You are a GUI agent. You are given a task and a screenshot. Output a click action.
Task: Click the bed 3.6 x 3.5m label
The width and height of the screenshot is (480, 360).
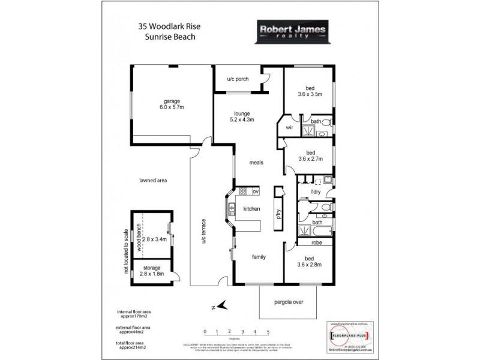point(310,91)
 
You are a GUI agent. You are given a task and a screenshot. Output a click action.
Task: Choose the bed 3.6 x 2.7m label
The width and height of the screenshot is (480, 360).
point(310,156)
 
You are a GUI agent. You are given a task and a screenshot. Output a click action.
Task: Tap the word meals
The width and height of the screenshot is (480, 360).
point(258,162)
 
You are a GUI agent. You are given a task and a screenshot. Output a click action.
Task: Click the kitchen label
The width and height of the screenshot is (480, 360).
point(251,208)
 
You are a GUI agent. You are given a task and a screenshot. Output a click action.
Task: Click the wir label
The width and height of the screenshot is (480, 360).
point(289,128)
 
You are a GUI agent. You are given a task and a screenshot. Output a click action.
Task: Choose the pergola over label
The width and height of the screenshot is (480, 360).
point(289,302)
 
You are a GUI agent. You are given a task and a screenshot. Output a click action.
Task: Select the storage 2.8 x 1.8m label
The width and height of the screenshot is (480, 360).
point(152,271)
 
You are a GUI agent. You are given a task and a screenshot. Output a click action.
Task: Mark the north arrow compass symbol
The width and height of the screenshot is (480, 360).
point(221,306)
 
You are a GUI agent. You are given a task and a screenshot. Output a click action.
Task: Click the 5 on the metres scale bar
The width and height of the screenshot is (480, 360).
point(268,331)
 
